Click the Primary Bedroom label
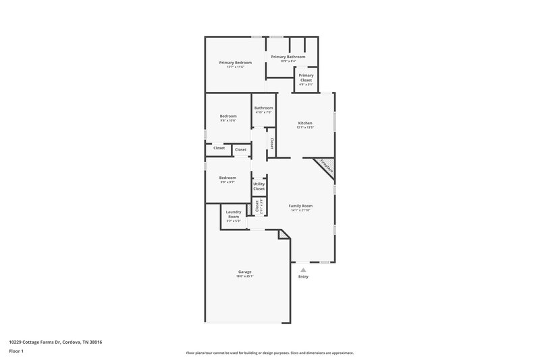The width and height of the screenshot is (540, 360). [x=235, y=63]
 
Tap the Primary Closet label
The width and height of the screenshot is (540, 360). [x=306, y=78]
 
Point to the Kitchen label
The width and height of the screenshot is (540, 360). [x=305, y=123]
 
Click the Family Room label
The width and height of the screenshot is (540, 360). [x=300, y=205]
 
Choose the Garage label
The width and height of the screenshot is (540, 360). [x=244, y=272]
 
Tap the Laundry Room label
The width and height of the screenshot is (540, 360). [x=234, y=214]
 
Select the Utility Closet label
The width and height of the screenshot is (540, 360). [x=259, y=186]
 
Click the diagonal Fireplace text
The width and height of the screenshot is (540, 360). [x=326, y=166]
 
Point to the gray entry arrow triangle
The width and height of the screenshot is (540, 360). [x=303, y=269]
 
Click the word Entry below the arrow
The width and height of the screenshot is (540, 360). [x=303, y=277]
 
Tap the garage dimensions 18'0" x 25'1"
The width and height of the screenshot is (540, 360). [x=244, y=276]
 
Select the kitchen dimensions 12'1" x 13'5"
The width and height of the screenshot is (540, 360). [x=305, y=128]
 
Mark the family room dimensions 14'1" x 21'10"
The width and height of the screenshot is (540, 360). [x=300, y=210]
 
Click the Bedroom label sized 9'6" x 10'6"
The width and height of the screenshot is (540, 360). [x=228, y=116]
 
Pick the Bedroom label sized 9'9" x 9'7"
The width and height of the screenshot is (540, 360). [x=228, y=178]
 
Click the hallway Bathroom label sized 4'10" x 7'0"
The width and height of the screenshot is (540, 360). [x=263, y=108]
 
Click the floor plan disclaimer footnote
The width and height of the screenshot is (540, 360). [x=269, y=353]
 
